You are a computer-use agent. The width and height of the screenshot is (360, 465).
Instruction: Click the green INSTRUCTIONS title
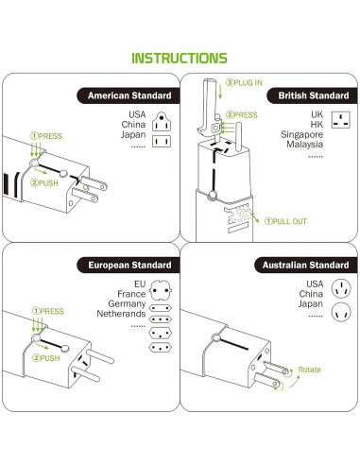coord(179,59)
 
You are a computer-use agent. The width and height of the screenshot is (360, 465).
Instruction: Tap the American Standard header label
coord(129,96)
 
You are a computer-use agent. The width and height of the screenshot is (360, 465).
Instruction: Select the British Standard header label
coord(307,96)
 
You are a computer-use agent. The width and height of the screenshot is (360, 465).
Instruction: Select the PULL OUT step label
coord(285,220)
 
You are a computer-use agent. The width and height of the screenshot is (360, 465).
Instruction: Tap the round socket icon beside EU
coord(160,284)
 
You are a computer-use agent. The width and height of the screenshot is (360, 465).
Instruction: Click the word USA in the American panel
coord(138,115)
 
